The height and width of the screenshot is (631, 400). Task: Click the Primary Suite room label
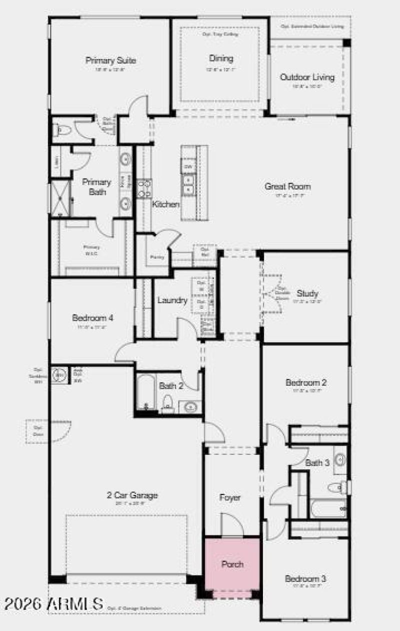tap(110, 61)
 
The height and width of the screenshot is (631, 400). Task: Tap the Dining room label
tap(221, 59)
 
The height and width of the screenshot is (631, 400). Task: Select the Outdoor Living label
tap(307, 78)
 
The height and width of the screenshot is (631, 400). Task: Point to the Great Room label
tap(287, 186)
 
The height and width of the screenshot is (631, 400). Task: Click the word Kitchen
tap(166, 204)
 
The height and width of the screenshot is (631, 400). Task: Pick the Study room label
tap(307, 293)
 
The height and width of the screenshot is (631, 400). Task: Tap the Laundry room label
tap(172, 300)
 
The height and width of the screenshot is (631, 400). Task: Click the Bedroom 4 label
tap(92, 318)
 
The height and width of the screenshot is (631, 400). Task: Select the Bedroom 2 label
tap(306, 383)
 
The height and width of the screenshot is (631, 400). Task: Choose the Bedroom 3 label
tap(305, 579)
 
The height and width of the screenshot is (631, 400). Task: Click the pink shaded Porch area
tap(232, 564)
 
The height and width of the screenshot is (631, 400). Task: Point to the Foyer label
tap(230, 498)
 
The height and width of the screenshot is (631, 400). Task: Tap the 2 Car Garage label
tap(132, 495)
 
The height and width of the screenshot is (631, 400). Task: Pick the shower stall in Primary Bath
tap(59, 198)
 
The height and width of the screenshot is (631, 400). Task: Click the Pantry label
tap(157, 257)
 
